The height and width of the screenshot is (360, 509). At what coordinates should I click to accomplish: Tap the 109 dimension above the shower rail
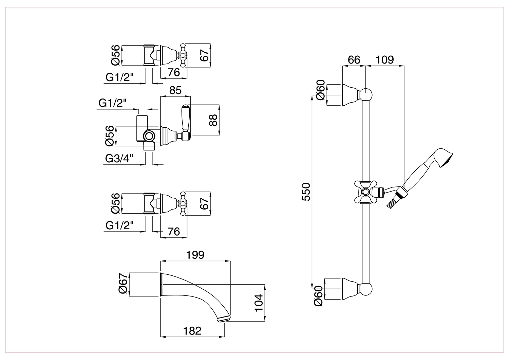tap(385, 60)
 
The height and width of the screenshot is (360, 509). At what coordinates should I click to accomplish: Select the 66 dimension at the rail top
tap(354, 60)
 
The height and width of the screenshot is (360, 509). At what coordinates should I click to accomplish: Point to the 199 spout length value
tap(195, 255)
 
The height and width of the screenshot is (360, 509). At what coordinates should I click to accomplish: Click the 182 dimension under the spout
tap(192, 331)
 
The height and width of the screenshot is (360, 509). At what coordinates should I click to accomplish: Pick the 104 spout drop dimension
tap(258, 303)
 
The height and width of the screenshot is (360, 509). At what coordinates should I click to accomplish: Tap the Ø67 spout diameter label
tap(123, 284)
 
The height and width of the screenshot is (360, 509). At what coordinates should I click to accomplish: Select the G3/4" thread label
tap(119, 159)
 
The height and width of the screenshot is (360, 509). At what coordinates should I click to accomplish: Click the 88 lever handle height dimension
tap(213, 120)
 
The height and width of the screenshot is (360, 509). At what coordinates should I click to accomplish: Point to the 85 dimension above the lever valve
tap(175, 90)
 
